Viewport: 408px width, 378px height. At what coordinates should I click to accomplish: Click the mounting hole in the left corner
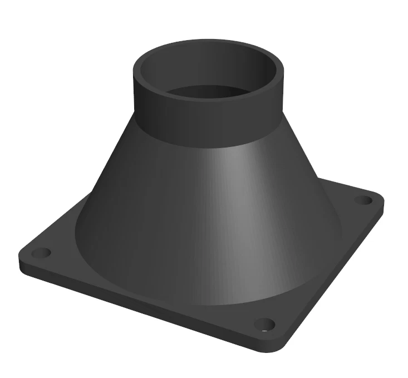(41, 253)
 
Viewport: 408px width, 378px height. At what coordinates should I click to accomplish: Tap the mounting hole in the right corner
(363, 199)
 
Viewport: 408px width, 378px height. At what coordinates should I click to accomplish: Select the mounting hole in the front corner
(264, 324)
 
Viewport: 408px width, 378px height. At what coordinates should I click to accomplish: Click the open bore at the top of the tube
(209, 92)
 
